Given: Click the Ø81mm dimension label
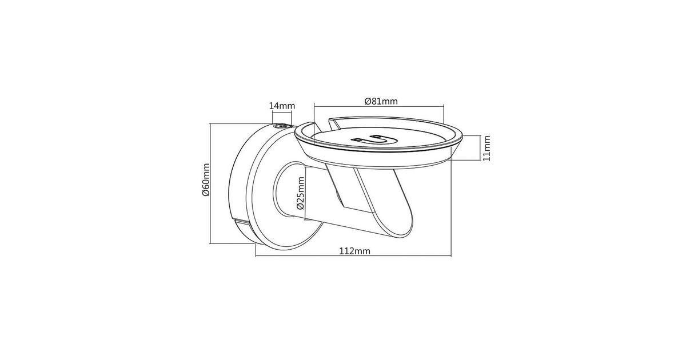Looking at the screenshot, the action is [381, 101].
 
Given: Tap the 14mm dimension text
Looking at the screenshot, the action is [282, 106].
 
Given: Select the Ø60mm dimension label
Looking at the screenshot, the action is [205, 179].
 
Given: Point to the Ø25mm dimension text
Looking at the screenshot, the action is [301, 193].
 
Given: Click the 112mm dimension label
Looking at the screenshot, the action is [354, 251].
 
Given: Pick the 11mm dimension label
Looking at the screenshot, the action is [486, 148].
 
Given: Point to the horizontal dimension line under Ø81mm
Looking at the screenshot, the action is [379, 106].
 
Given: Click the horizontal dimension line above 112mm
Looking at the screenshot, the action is [353, 256].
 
